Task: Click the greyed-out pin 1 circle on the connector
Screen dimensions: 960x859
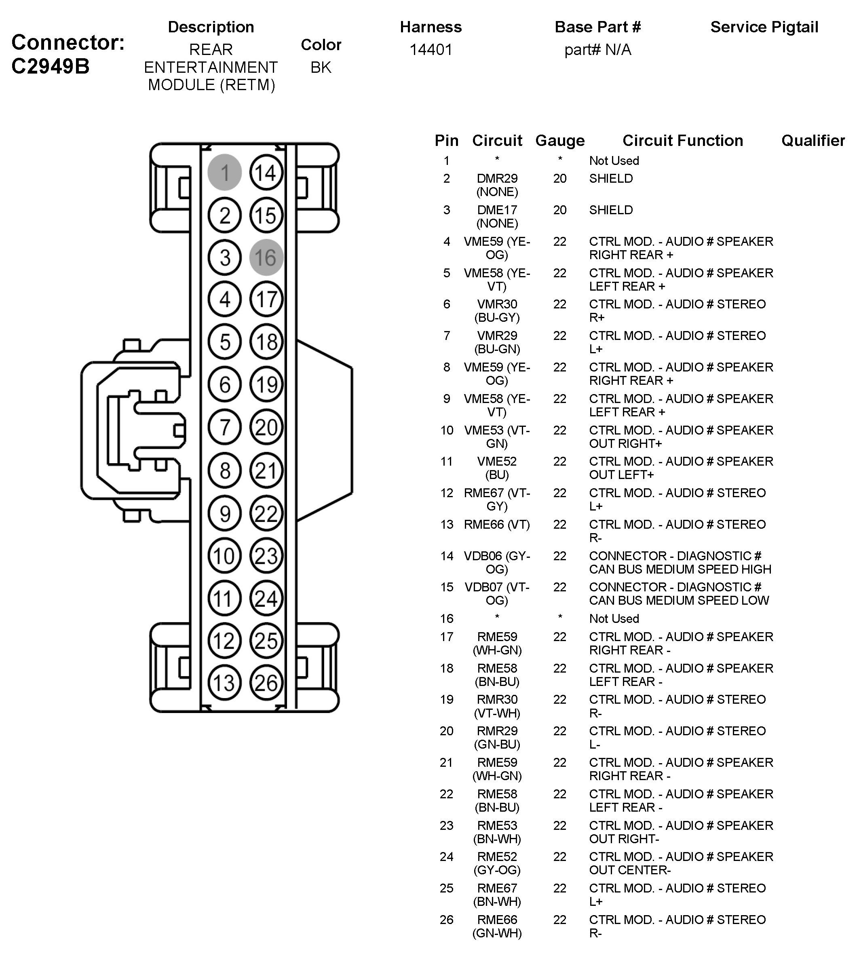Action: coord(225,172)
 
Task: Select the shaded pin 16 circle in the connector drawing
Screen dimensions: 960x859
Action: coord(266,258)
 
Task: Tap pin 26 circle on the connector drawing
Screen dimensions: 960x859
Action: coord(266,682)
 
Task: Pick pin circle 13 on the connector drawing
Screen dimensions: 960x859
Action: coord(225,682)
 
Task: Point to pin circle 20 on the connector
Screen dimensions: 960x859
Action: coord(266,428)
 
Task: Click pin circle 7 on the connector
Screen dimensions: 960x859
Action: coord(225,428)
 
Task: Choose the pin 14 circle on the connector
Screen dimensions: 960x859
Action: coord(266,172)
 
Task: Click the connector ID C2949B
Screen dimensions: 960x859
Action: coord(50,67)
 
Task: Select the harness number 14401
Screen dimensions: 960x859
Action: coord(431,50)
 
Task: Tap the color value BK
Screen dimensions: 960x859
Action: coord(321,68)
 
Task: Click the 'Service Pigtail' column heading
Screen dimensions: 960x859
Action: coord(764,27)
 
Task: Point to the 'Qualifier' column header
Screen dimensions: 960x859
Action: coord(813,141)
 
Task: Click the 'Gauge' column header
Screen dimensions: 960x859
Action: coord(560,141)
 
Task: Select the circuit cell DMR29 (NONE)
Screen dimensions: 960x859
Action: coord(497,185)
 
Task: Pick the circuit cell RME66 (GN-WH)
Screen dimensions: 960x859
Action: coord(497,926)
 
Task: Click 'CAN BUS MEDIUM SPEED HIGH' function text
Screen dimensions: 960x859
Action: coord(680,569)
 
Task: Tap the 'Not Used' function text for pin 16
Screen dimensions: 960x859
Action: coord(614,619)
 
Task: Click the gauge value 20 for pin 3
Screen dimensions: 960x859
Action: coord(560,210)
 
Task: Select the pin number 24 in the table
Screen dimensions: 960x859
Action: coord(447,857)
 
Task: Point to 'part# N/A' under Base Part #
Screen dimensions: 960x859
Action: coord(597,50)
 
